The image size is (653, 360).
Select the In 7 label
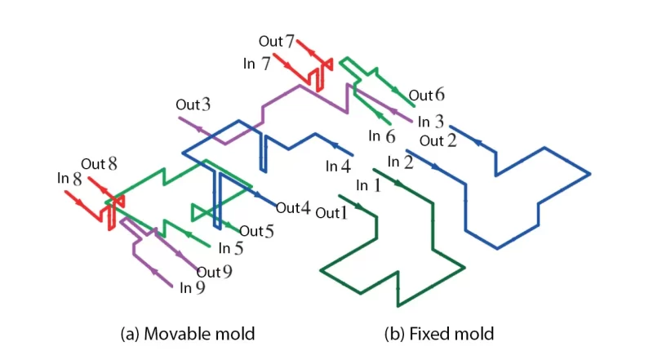[256, 63]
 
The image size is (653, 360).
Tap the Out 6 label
[427, 96]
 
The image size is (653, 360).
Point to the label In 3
[430, 122]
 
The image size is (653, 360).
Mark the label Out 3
[193, 104]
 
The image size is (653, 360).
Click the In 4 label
[338, 166]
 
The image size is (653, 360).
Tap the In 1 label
[368, 185]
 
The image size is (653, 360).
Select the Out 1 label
[331, 213]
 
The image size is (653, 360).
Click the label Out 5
[256, 231]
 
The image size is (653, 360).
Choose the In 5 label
[232, 249]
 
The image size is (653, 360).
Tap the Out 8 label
[99, 164]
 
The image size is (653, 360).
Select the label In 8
[69, 176]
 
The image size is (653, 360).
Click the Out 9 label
[215, 272]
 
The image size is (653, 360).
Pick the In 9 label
[192, 287]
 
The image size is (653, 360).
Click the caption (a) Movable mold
[187, 334]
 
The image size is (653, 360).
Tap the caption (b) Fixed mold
[438, 334]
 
